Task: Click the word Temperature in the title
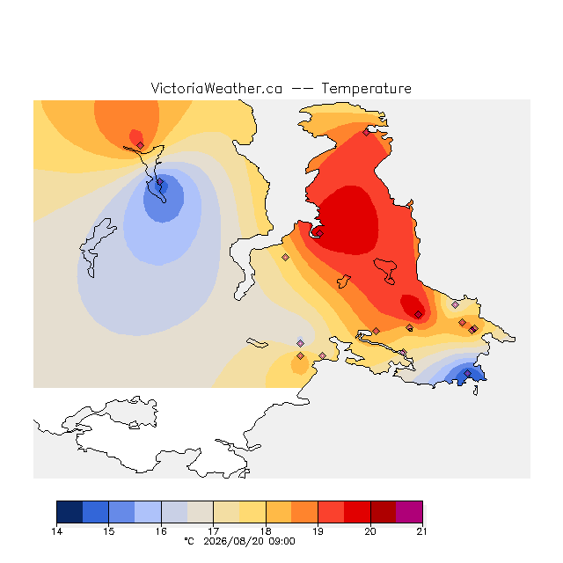(366, 88)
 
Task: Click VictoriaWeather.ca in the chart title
(216, 88)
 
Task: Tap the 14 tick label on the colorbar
(56, 531)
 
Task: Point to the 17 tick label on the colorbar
(213, 531)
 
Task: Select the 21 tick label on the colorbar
(422, 531)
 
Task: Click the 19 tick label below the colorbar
(318, 531)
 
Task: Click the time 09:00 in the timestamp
(281, 542)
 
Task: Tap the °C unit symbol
(189, 541)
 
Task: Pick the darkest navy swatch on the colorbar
(69, 512)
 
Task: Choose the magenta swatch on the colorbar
(409, 512)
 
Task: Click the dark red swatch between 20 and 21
(384, 512)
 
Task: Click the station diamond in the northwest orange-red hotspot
(141, 145)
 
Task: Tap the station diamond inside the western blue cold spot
(160, 182)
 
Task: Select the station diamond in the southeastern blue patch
(467, 374)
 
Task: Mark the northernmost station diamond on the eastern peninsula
(366, 133)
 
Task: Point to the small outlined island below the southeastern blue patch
(476, 391)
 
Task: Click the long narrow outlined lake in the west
(96, 247)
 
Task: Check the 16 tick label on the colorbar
(161, 531)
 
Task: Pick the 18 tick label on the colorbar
(266, 531)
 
